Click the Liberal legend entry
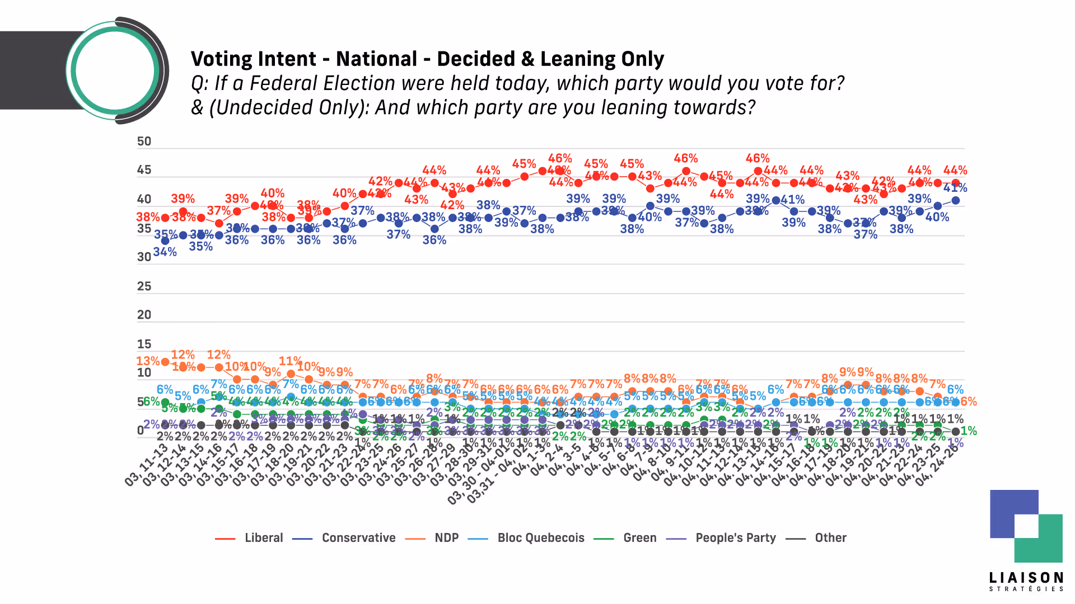pyautogui.click(x=263, y=538)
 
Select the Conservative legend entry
pyautogui.click(x=358, y=538)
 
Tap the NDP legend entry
pyautogui.click(x=446, y=538)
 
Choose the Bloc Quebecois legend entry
pyautogui.click(x=540, y=538)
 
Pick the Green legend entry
pyautogui.click(x=639, y=538)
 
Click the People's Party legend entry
pyautogui.click(x=735, y=538)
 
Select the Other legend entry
pyautogui.click(x=830, y=538)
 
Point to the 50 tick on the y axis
pyautogui.click(x=144, y=141)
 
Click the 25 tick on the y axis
pyautogui.click(x=144, y=286)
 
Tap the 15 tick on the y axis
pyautogui.click(x=144, y=344)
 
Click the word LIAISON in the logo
pyautogui.click(x=1026, y=578)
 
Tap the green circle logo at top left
pyautogui.click(x=115, y=70)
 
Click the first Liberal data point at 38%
pyautogui.click(x=165, y=218)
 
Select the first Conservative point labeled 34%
pyautogui.click(x=165, y=241)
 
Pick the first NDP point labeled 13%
pyautogui.click(x=165, y=362)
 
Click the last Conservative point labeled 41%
pyautogui.click(x=956, y=200)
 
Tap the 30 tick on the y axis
pyautogui.click(x=144, y=257)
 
